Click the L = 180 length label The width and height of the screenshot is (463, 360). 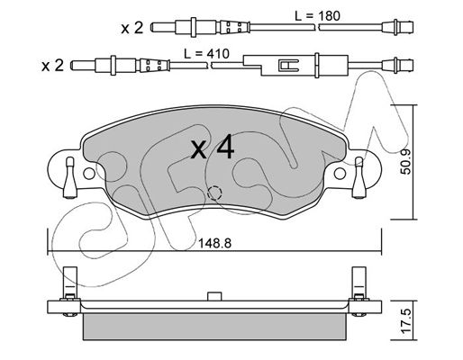pos(318,16)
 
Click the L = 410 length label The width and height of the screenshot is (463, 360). pos(206,54)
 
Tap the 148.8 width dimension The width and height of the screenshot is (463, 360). pos(214,244)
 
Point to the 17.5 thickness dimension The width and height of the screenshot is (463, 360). pos(406,321)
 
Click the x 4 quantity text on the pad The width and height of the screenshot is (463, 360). pos(213,147)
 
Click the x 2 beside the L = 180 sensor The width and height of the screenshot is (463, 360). pos(132,28)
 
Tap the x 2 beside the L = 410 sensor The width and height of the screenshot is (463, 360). pos(52,66)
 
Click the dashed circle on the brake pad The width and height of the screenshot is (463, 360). pos(214,193)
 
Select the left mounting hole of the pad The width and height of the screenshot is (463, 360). pos(88,174)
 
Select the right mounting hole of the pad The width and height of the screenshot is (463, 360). pos(340,174)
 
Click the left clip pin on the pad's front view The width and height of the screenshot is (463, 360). pos(70,177)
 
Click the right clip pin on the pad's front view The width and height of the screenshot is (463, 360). pos(359,177)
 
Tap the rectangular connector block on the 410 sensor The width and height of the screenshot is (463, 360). pos(295,65)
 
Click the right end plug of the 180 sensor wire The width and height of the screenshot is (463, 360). pos(397,28)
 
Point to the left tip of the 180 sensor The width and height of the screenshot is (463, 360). pos(151,28)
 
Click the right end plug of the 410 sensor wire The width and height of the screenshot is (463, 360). pos(397,65)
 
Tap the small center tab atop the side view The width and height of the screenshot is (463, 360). pos(214,296)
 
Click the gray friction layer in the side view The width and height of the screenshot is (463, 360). pos(214,327)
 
